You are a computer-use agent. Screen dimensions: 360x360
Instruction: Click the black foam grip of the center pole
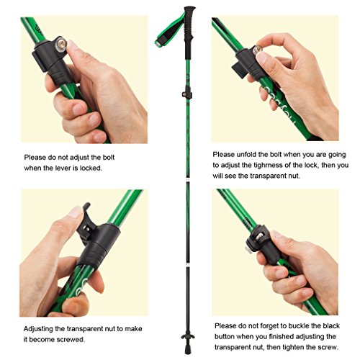189,31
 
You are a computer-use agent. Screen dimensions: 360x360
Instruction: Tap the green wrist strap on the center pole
170,30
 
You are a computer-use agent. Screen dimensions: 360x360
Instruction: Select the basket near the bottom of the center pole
188,335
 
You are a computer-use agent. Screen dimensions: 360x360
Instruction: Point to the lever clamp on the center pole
187,93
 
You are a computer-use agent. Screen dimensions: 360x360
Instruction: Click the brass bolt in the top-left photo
61,44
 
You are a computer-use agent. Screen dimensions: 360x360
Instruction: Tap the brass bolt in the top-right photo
258,49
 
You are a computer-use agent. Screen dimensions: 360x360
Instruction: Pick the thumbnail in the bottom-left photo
76,212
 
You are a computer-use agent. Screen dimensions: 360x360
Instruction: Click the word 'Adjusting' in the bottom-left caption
38,329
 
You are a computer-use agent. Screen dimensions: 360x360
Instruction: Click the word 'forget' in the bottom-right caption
269,326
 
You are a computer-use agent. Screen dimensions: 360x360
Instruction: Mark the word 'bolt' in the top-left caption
108,158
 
